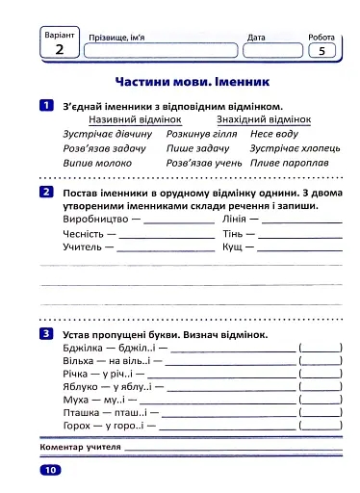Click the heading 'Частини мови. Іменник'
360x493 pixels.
tap(182, 84)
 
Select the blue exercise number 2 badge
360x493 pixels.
tap(46, 193)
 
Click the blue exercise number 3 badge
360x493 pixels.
tap(46, 334)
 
